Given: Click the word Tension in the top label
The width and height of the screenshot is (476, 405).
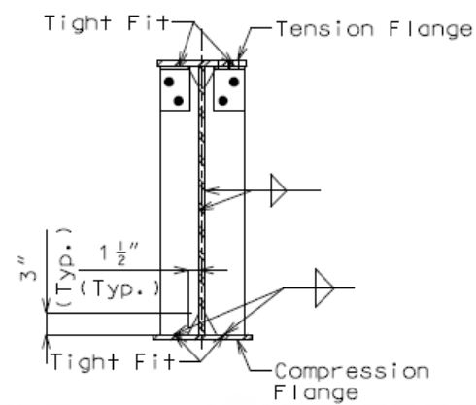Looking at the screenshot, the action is [x=324, y=29].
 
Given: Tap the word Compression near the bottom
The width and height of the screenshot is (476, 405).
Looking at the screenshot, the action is [x=352, y=371].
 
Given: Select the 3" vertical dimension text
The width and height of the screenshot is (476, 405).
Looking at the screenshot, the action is [x=28, y=270].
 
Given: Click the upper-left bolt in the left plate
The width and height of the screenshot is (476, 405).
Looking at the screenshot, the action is [x=169, y=82].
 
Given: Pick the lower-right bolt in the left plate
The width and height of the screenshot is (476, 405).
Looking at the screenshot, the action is [x=179, y=101].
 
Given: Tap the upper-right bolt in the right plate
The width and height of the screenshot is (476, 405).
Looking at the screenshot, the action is [x=234, y=82].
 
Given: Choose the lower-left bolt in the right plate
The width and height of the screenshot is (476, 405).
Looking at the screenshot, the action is [x=222, y=101].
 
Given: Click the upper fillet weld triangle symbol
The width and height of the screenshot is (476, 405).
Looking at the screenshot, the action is [x=279, y=190].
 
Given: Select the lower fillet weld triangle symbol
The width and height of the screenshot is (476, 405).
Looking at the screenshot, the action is [x=324, y=287].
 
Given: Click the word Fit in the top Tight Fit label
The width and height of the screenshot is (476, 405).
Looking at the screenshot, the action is [x=149, y=22].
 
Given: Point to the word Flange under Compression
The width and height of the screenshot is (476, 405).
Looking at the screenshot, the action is [x=316, y=393].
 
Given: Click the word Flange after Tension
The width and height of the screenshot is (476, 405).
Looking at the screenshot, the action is [x=430, y=30].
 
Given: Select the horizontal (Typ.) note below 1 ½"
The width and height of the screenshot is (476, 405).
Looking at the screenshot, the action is [x=119, y=289].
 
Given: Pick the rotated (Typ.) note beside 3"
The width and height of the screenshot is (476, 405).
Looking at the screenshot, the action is [x=65, y=267].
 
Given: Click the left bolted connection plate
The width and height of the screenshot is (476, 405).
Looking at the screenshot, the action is [x=175, y=89].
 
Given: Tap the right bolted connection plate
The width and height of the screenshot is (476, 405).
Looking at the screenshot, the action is [x=228, y=89].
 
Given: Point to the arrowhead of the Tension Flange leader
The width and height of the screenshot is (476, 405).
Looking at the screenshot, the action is [x=241, y=55].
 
